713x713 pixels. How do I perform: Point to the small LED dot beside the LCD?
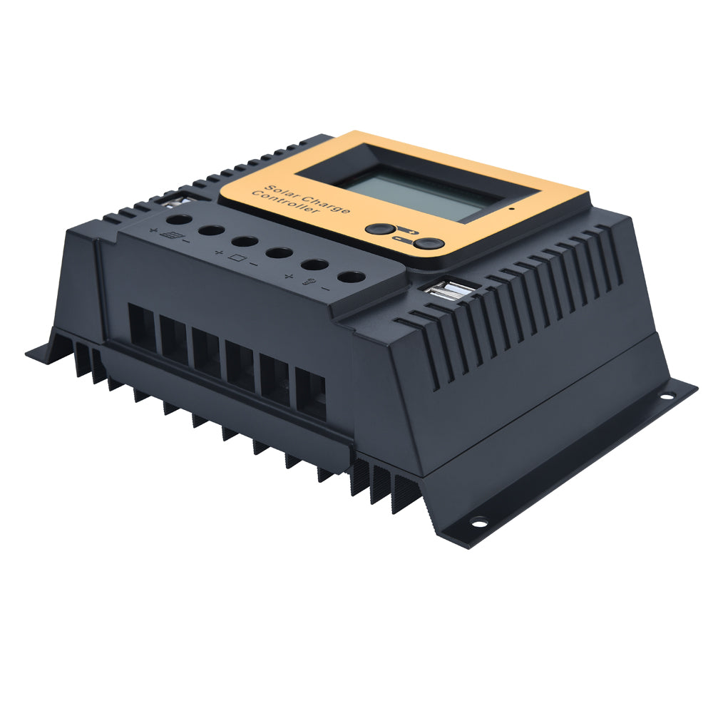coord(512,209)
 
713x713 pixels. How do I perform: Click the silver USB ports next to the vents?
coord(450,290)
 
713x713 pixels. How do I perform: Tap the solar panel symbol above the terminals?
coord(173,235)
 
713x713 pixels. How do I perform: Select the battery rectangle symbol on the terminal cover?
coord(237,258)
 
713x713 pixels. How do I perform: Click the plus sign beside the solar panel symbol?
coord(153,230)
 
